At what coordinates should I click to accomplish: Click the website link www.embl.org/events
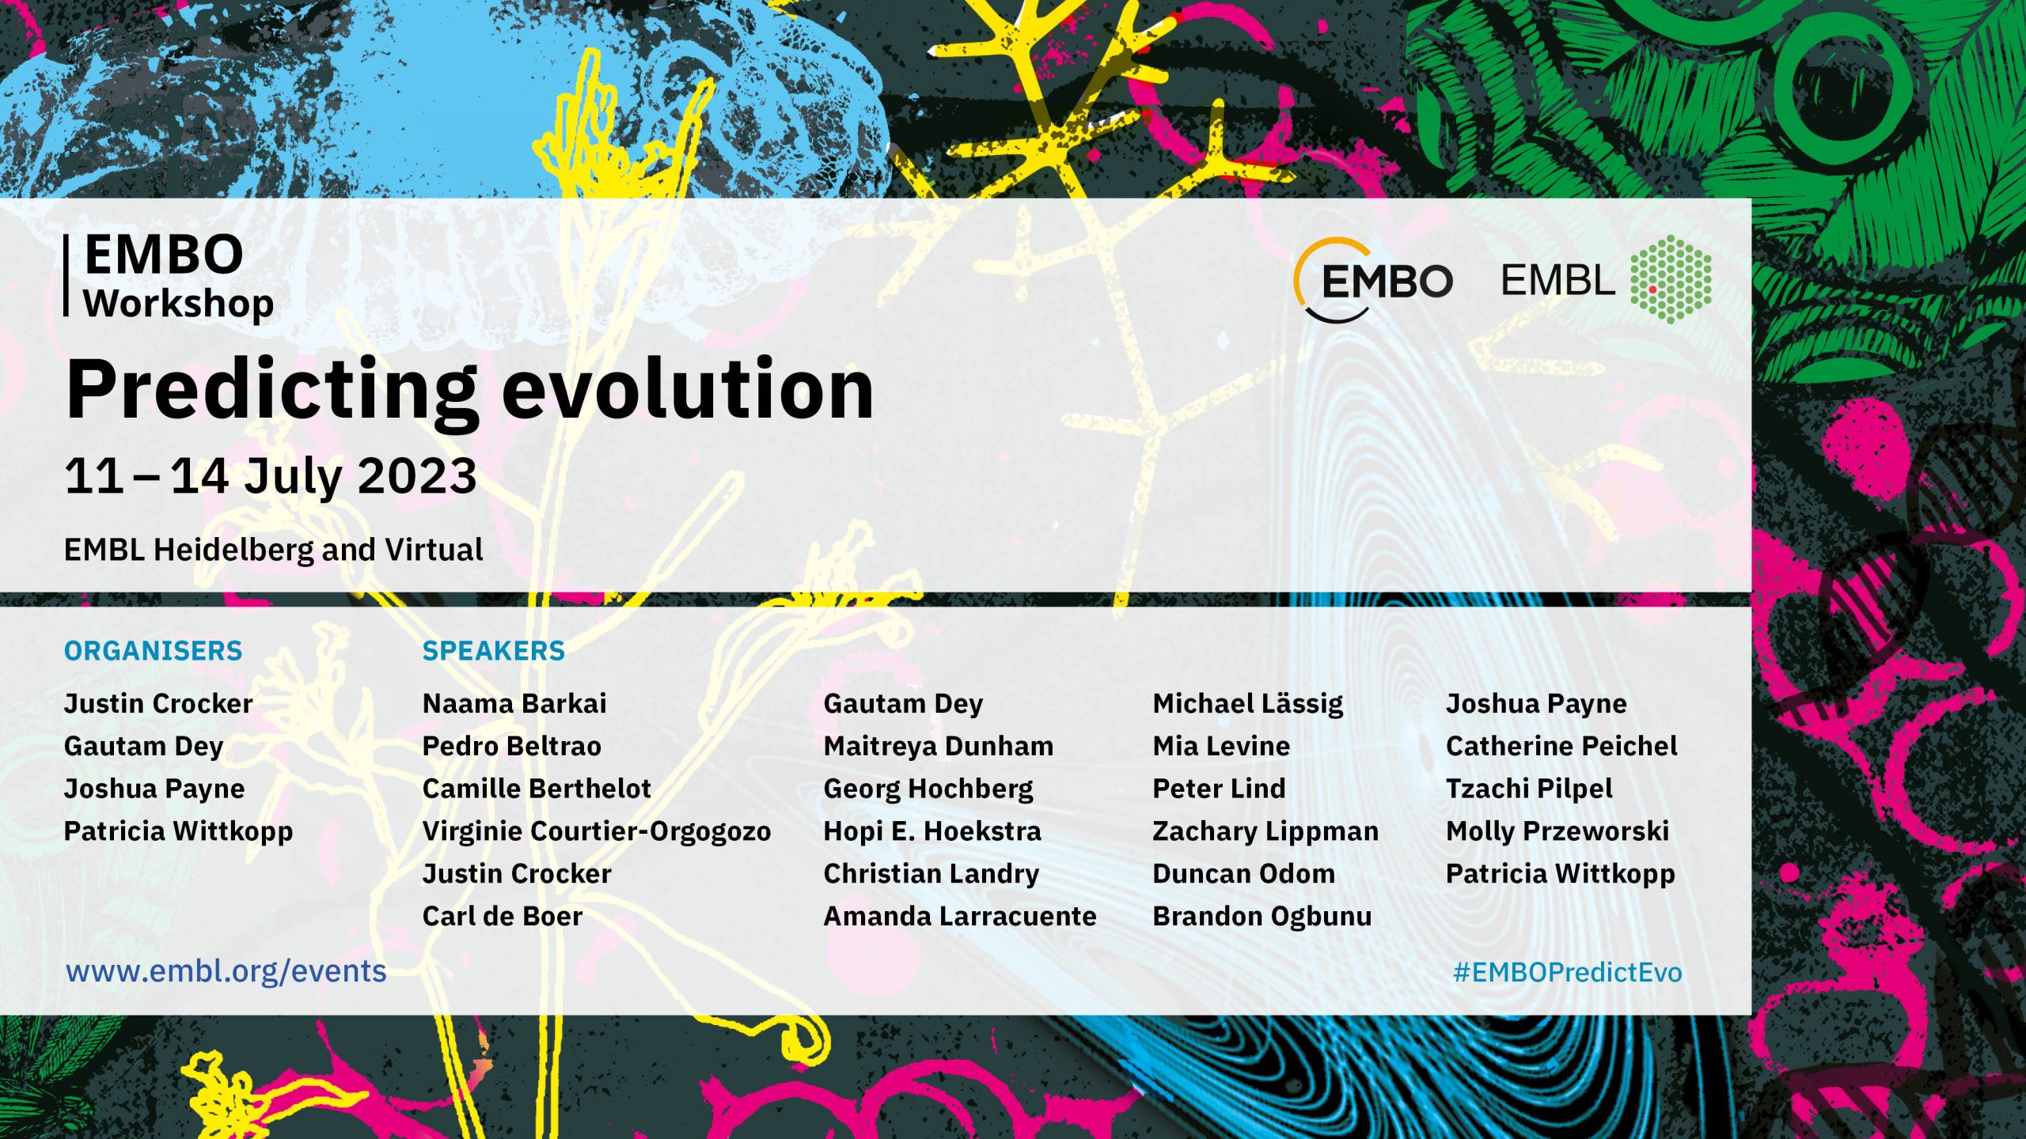(x=226, y=971)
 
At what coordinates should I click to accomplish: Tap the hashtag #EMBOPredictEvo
(x=1568, y=972)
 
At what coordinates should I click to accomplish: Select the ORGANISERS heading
(x=154, y=651)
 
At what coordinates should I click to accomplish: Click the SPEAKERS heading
(x=494, y=651)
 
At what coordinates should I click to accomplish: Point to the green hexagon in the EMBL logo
(x=1671, y=279)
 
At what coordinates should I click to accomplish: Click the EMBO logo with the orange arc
(x=1373, y=281)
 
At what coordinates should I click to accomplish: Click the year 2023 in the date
(x=417, y=476)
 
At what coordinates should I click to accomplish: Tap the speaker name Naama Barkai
(x=514, y=703)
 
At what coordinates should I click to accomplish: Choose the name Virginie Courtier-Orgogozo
(x=597, y=831)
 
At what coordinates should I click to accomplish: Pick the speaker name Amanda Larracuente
(x=960, y=916)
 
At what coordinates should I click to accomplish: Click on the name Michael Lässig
(x=1248, y=704)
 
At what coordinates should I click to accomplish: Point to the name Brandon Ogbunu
(x=1262, y=917)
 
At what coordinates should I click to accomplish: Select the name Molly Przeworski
(x=1557, y=831)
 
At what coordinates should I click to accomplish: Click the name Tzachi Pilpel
(x=1529, y=789)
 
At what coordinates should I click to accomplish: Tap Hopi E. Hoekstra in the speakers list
(x=932, y=831)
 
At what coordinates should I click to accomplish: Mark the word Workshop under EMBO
(x=179, y=304)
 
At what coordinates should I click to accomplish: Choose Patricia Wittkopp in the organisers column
(x=178, y=831)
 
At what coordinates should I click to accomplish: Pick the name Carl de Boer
(x=503, y=916)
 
